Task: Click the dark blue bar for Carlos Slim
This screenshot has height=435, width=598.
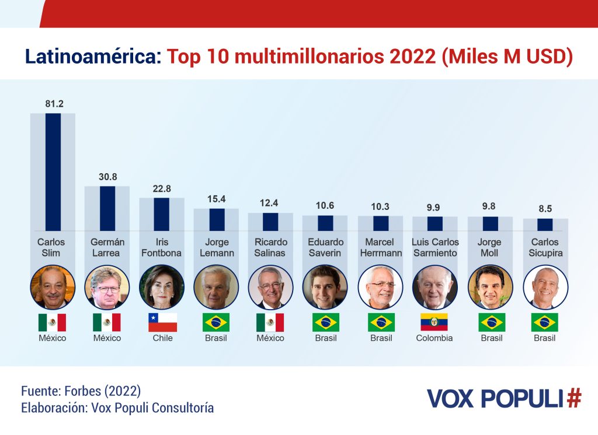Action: click(53, 172)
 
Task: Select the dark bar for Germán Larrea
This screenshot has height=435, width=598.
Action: click(107, 208)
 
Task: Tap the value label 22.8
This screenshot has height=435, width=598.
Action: click(162, 189)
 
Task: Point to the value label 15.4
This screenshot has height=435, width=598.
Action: click(216, 199)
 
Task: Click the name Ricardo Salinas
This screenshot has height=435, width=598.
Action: click(270, 247)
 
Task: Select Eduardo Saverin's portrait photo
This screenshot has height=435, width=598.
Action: click(325, 287)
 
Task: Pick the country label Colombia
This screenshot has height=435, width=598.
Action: click(434, 338)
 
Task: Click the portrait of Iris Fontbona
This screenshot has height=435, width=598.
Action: click(162, 287)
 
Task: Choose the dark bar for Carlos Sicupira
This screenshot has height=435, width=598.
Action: click(544, 224)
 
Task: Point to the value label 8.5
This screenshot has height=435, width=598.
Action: click(544, 209)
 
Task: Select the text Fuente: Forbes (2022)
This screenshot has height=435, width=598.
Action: click(81, 391)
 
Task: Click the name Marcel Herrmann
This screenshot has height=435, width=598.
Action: click(381, 247)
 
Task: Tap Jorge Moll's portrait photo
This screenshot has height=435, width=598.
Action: click(490, 287)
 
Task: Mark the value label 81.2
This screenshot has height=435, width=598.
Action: click(54, 104)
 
